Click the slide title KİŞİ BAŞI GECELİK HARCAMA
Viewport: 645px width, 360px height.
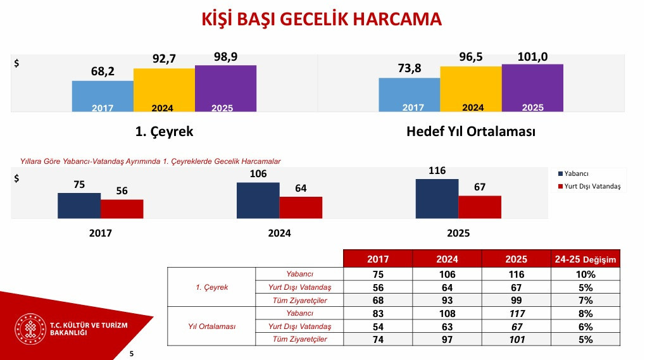(x=322, y=20)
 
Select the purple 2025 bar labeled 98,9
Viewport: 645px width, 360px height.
(x=225, y=89)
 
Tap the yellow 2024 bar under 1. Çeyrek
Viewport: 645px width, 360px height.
(x=164, y=90)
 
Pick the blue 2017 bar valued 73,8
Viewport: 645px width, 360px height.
(x=410, y=95)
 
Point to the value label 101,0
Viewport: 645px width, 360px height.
(x=532, y=57)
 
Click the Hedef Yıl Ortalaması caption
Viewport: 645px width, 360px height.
(x=471, y=132)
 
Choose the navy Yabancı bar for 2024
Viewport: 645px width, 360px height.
(x=258, y=201)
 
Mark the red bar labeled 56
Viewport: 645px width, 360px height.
(x=122, y=209)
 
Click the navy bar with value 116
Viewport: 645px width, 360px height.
(x=437, y=199)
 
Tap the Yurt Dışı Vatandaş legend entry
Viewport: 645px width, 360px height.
(x=589, y=186)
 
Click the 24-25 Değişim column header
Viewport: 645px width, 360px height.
(x=586, y=259)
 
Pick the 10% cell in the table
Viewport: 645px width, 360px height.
(x=586, y=274)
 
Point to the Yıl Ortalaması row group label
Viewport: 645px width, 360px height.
(x=212, y=326)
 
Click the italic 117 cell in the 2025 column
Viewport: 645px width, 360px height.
(x=517, y=314)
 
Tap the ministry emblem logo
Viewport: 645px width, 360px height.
(x=30, y=329)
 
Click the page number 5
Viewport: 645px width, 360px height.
(x=132, y=354)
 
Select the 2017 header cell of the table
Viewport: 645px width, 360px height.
(x=378, y=259)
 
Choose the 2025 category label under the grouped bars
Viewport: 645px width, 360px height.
(x=458, y=233)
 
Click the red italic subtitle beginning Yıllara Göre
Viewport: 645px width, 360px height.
(x=151, y=161)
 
